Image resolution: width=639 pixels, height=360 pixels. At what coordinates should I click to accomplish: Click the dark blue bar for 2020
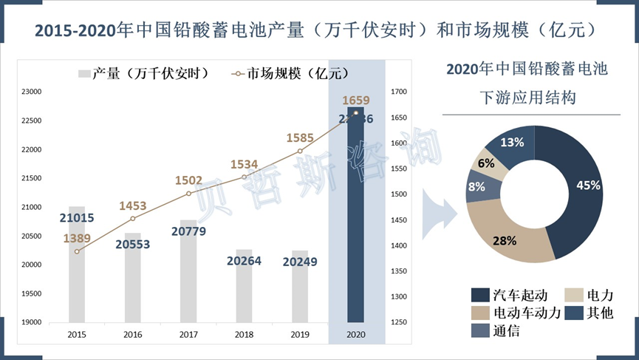[x=355, y=222]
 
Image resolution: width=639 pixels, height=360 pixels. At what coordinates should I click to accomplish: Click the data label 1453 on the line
[x=134, y=206]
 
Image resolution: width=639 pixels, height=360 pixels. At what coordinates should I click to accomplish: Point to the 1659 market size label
[x=356, y=101]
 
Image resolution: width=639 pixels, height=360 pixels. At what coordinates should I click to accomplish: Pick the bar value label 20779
[x=188, y=231]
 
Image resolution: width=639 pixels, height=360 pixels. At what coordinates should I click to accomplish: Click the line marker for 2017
[x=188, y=194]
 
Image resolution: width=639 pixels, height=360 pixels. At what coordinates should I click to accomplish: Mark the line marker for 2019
[x=300, y=151]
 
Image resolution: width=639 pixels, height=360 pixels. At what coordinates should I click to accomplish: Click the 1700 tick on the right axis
[x=399, y=92]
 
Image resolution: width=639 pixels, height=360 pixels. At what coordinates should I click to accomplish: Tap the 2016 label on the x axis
[x=133, y=335]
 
